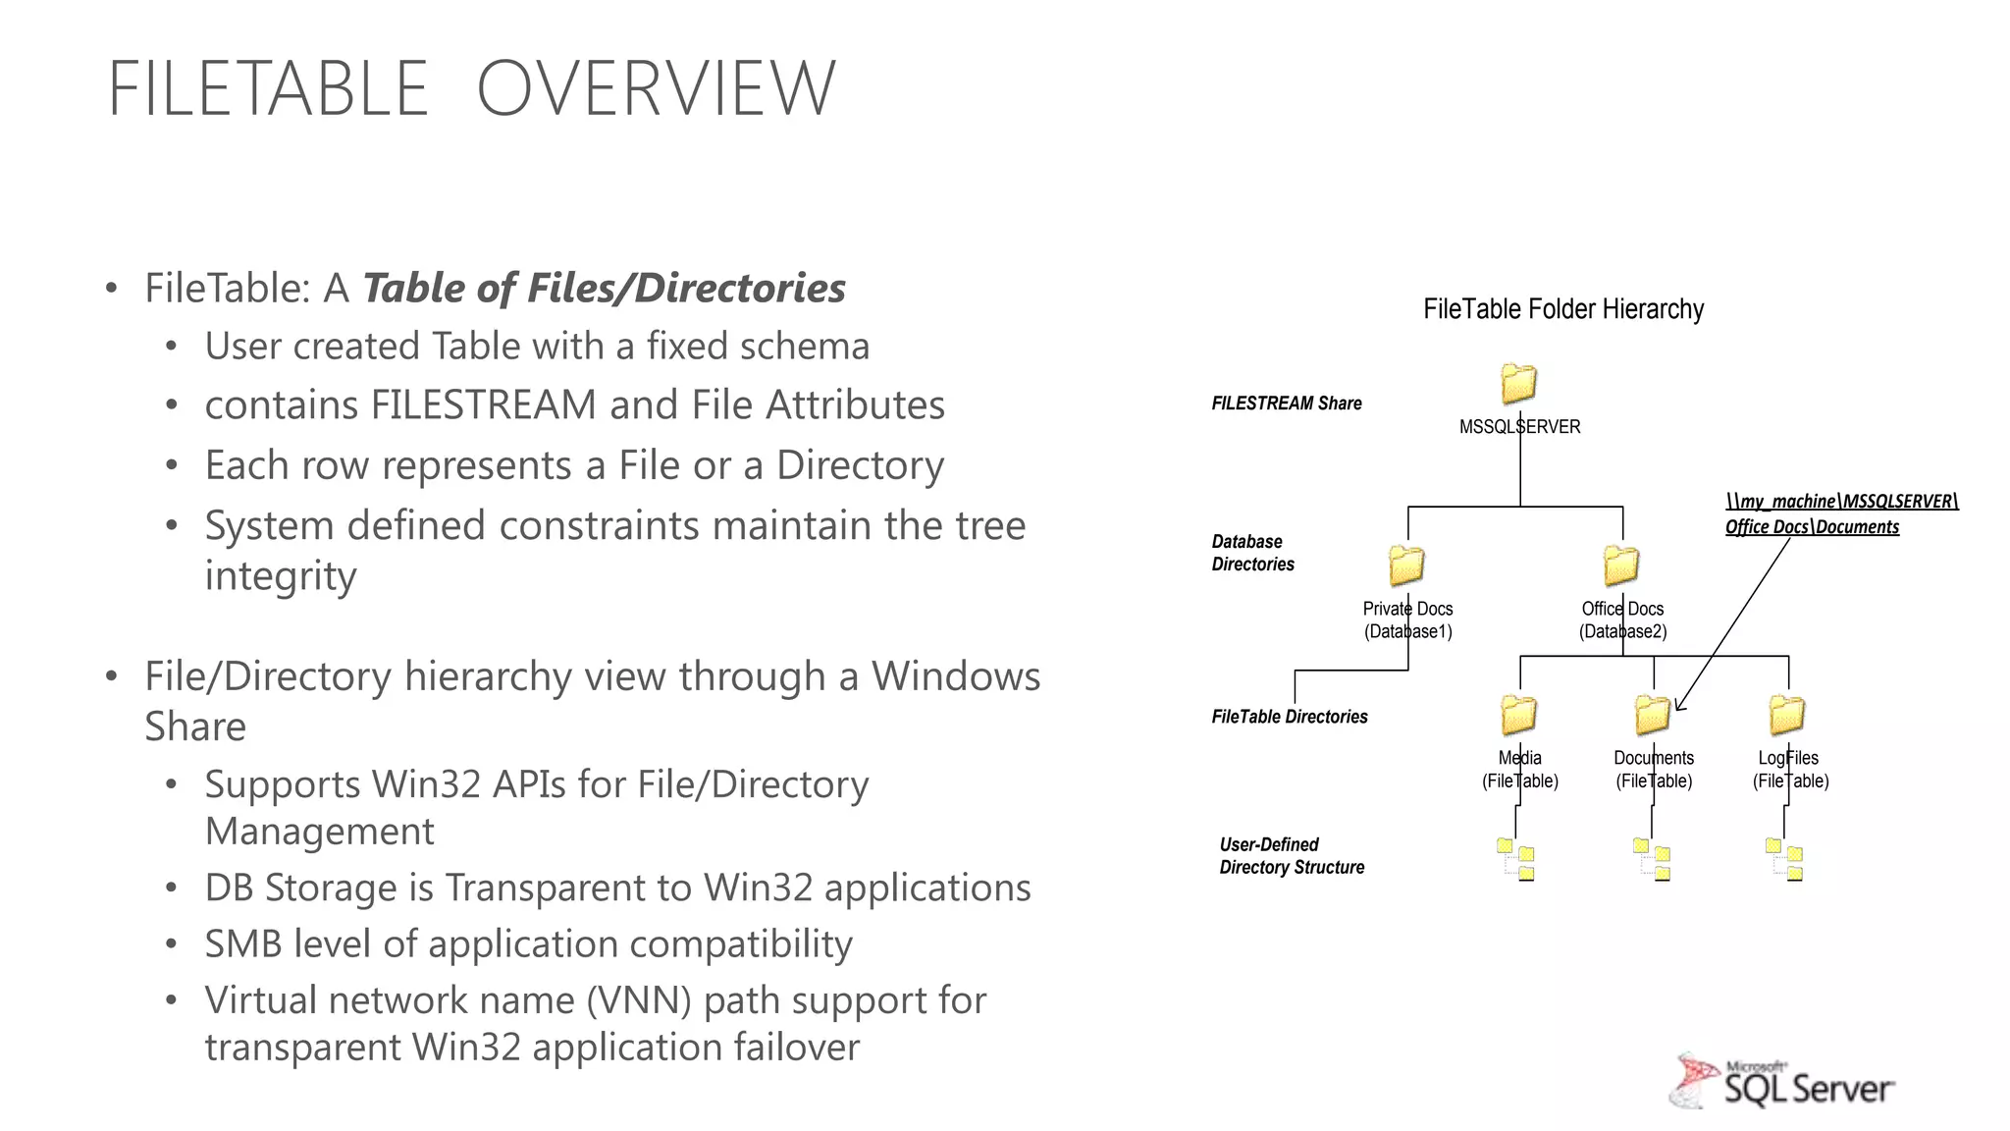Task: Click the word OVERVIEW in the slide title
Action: (x=656, y=88)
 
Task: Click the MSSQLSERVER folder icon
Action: (x=1518, y=384)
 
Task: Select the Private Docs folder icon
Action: (x=1406, y=565)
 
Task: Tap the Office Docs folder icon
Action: (x=1621, y=565)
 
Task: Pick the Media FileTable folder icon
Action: (x=1518, y=715)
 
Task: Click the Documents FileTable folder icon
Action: (x=1653, y=715)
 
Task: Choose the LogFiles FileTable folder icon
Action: (x=1787, y=715)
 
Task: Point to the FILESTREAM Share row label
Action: (x=1286, y=404)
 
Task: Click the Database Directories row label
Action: (x=1252, y=553)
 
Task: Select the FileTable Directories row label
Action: (x=1289, y=717)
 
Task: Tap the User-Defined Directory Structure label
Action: (x=1292, y=856)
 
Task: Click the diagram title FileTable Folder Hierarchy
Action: (x=1562, y=309)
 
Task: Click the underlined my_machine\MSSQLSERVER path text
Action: (x=1841, y=502)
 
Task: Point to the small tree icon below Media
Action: (x=1516, y=859)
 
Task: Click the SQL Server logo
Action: (x=1782, y=1082)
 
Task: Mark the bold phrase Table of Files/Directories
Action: (x=604, y=289)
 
